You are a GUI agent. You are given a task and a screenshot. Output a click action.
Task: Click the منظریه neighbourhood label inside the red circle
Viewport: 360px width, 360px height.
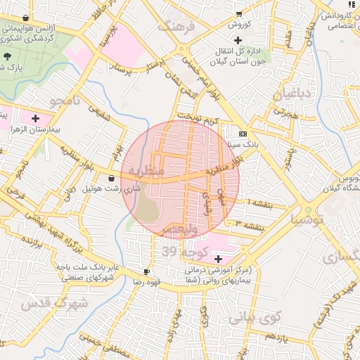tap(146, 171)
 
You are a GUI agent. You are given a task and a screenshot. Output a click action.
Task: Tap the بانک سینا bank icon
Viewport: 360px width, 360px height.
tap(243, 133)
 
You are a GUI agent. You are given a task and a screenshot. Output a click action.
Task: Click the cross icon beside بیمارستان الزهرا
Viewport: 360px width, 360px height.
tap(35, 119)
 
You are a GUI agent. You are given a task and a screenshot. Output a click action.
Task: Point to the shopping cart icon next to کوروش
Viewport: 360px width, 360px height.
tap(239, 13)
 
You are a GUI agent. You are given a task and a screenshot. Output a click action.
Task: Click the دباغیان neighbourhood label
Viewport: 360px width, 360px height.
tap(287, 94)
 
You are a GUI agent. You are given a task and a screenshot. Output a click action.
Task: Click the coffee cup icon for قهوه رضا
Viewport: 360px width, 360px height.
tap(146, 271)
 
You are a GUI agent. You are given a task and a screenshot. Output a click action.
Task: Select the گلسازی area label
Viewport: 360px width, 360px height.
tap(342, 257)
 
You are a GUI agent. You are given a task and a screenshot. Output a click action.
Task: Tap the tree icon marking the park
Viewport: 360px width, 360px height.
tap(8, 56)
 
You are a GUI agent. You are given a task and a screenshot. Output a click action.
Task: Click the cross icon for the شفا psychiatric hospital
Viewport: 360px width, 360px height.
tap(217, 259)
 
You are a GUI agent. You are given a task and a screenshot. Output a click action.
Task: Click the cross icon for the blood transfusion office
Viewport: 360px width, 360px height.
tap(238, 40)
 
